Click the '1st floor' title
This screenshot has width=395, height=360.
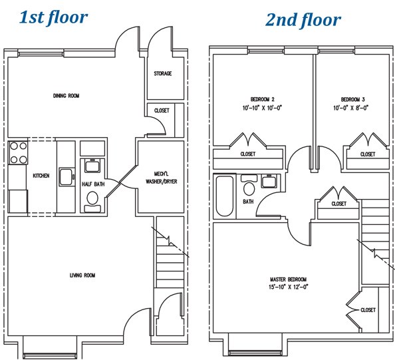tap(53, 17)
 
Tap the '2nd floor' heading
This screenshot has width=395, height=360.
tap(303, 20)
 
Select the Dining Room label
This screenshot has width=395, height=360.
tap(66, 96)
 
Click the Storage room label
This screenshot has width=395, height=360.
tap(163, 73)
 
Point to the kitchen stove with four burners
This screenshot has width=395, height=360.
tap(18, 153)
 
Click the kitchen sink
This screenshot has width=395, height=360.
tap(66, 177)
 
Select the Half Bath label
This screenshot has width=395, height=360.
tap(93, 184)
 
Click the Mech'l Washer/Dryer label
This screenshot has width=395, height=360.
tap(162, 178)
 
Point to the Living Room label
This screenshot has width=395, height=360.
tap(82, 275)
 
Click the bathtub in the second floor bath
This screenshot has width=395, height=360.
tap(225, 196)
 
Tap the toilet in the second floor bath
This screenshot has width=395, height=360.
tap(249, 185)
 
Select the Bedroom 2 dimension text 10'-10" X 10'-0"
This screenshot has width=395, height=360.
tap(262, 108)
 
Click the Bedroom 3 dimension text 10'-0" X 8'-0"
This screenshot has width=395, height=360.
tap(351, 108)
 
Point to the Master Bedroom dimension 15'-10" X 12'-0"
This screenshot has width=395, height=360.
tap(289, 287)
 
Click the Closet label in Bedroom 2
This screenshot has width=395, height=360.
tap(248, 154)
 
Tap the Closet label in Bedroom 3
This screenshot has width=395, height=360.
tap(368, 154)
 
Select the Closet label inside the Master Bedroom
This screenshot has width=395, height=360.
tap(368, 310)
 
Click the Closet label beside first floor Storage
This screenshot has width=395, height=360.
tap(162, 110)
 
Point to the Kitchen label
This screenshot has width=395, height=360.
tap(41, 176)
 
